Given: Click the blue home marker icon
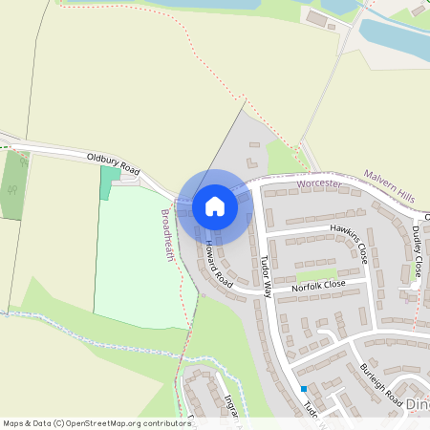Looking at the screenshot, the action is pyautogui.click(x=215, y=205).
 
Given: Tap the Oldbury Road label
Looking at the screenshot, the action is pyautogui.click(x=113, y=162).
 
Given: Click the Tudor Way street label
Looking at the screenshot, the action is pyautogui.click(x=266, y=276).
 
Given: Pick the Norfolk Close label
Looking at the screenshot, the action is pyautogui.click(x=318, y=286).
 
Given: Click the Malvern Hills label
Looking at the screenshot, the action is pyautogui.click(x=389, y=185).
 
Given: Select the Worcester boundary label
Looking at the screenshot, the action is pyautogui.click(x=319, y=182).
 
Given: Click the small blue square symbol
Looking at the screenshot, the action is pyautogui.click(x=304, y=389).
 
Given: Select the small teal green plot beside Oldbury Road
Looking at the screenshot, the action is pyautogui.click(x=105, y=182).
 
